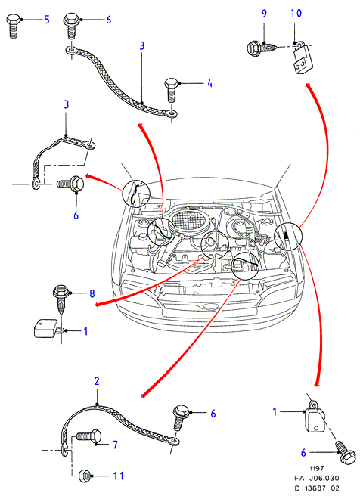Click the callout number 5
46,20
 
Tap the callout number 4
209,83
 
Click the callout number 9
264,14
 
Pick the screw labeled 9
262,48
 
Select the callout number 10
296,14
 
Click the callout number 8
92,293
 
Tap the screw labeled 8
61,299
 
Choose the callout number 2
97,381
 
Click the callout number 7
115,445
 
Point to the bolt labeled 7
89,438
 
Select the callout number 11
118,476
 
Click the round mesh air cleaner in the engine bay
188,220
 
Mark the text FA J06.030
316,479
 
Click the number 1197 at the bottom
316,468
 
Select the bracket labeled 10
302,58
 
